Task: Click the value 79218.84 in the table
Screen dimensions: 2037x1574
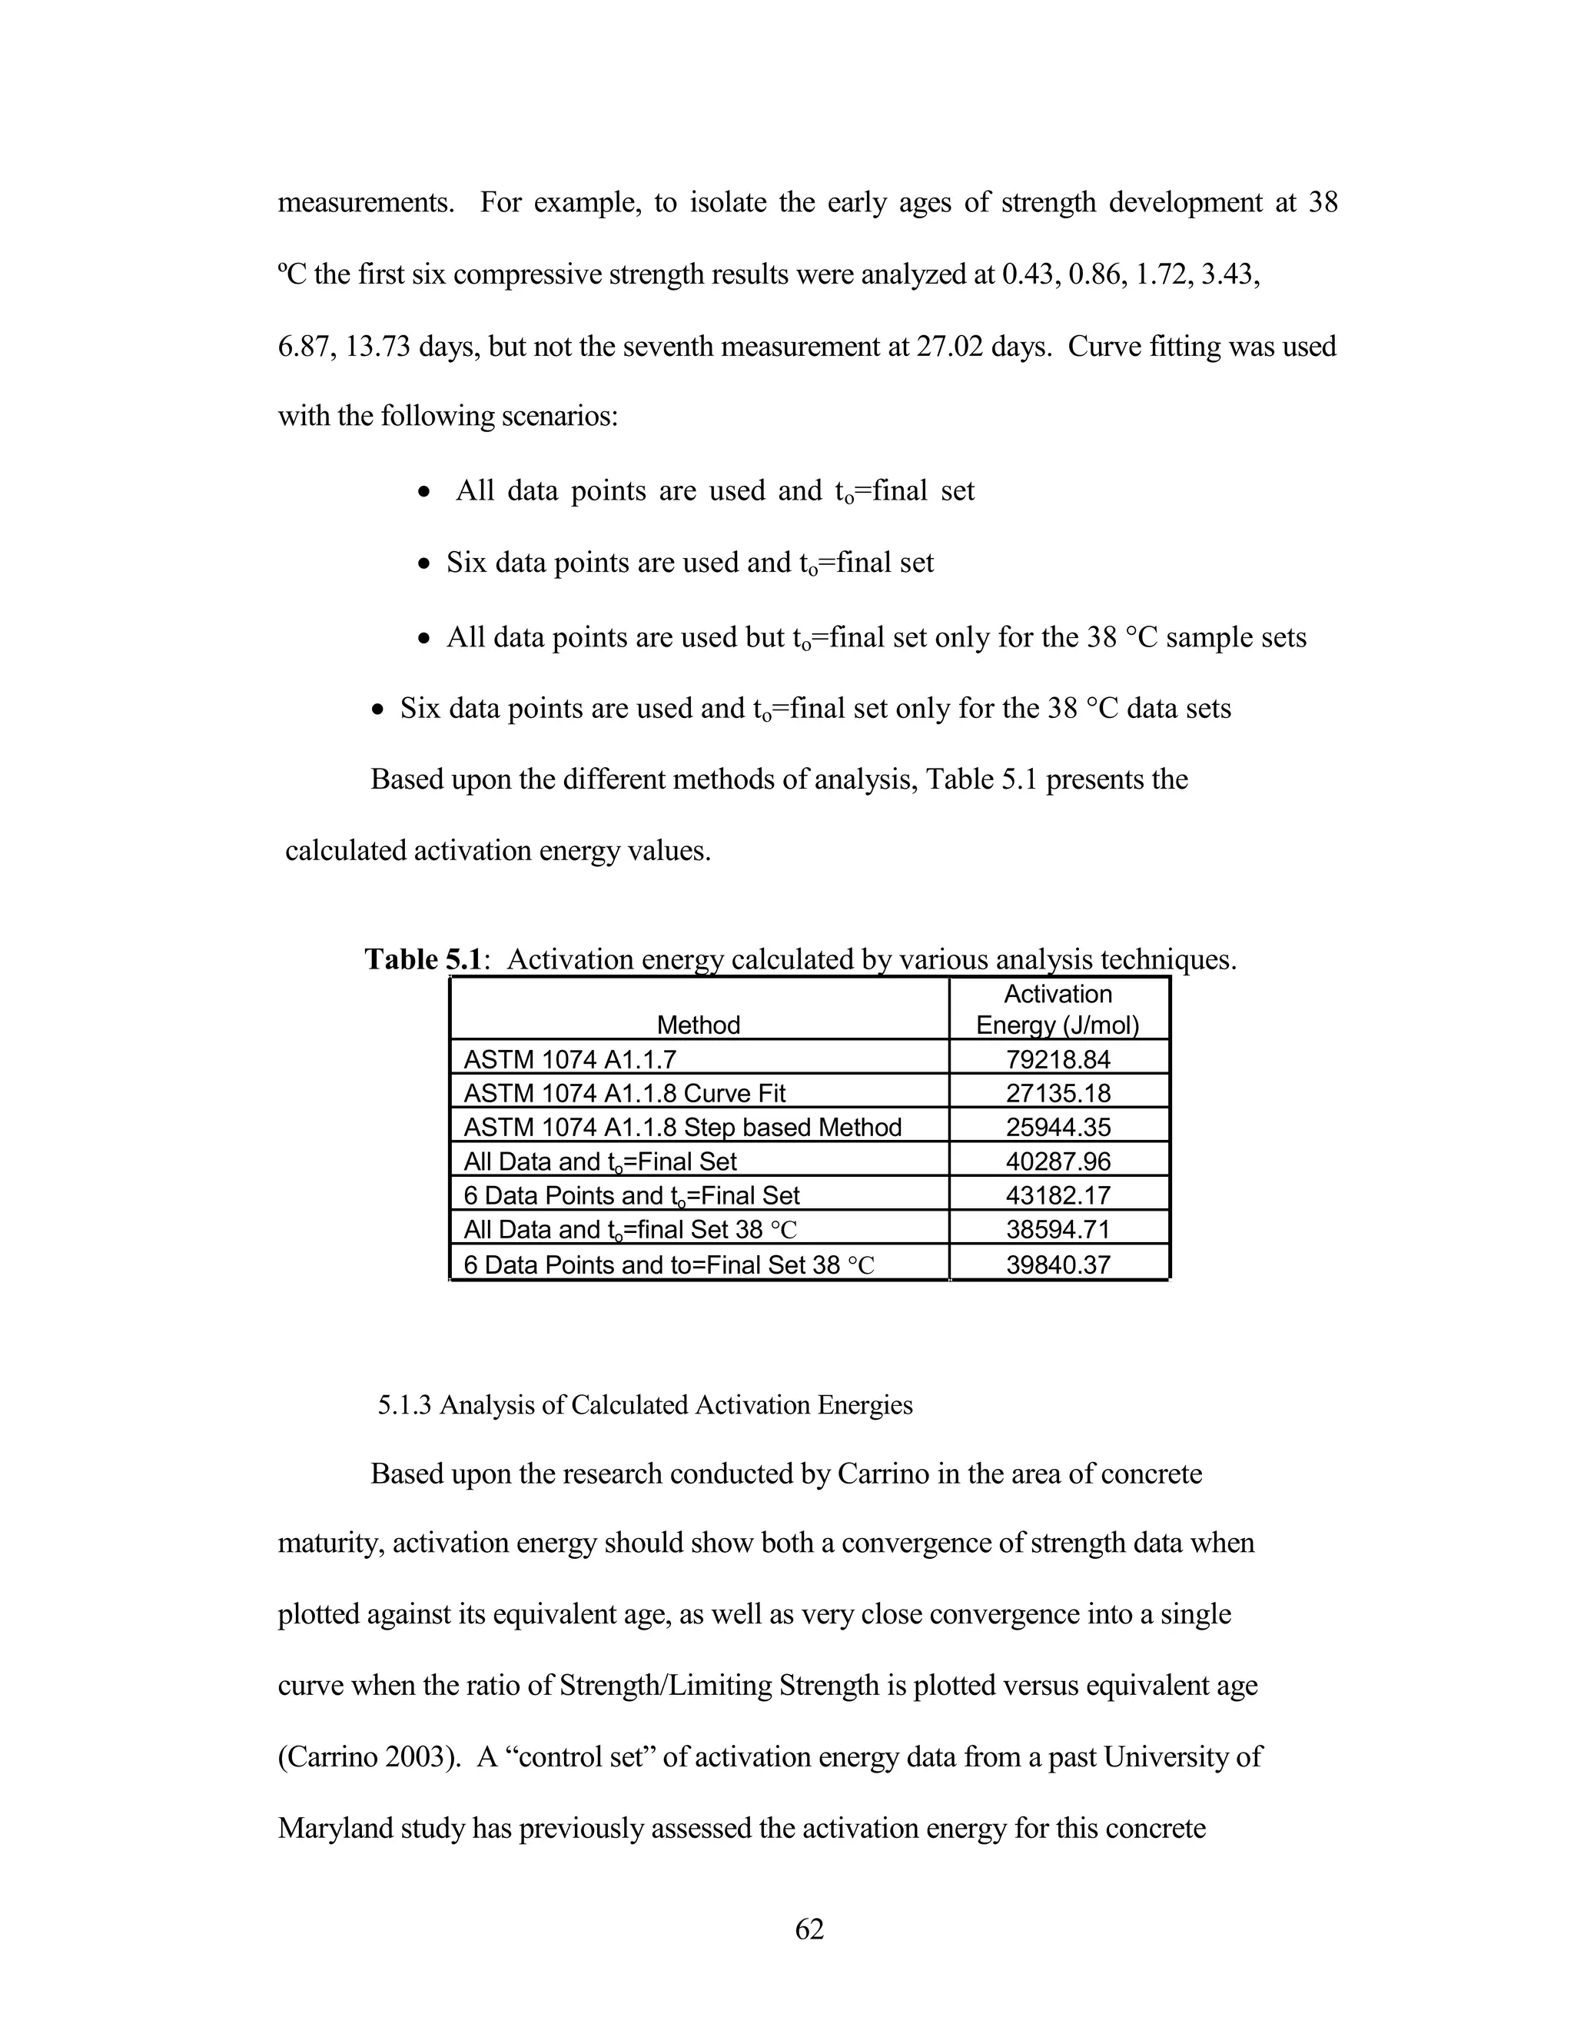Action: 1058,1059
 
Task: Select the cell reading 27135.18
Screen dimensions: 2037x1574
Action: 1058,1093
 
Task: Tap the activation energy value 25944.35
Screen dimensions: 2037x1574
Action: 1058,1127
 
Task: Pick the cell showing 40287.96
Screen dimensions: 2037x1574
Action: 1058,1161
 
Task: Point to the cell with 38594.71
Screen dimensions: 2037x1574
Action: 1058,1229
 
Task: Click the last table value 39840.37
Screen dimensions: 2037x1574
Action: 1058,1264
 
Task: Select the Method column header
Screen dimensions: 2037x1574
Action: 698,1025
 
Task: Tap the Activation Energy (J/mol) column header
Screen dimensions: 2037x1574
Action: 1058,1010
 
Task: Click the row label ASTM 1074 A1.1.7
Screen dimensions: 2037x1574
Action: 569,1059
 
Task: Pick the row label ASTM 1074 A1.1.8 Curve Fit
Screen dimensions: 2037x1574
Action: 625,1093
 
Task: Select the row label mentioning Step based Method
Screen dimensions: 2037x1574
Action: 682,1128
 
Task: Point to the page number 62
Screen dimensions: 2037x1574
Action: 809,1928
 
